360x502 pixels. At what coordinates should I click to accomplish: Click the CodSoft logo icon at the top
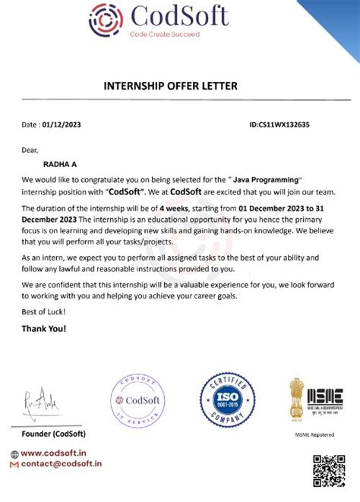click(107, 21)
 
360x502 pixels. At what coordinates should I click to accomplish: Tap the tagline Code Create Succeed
click(164, 35)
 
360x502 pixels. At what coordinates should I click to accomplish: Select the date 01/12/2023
click(66, 125)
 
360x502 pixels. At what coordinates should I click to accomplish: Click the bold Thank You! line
click(44, 329)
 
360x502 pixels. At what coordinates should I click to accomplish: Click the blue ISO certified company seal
click(226, 400)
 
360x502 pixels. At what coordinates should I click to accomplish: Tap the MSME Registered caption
click(314, 434)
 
